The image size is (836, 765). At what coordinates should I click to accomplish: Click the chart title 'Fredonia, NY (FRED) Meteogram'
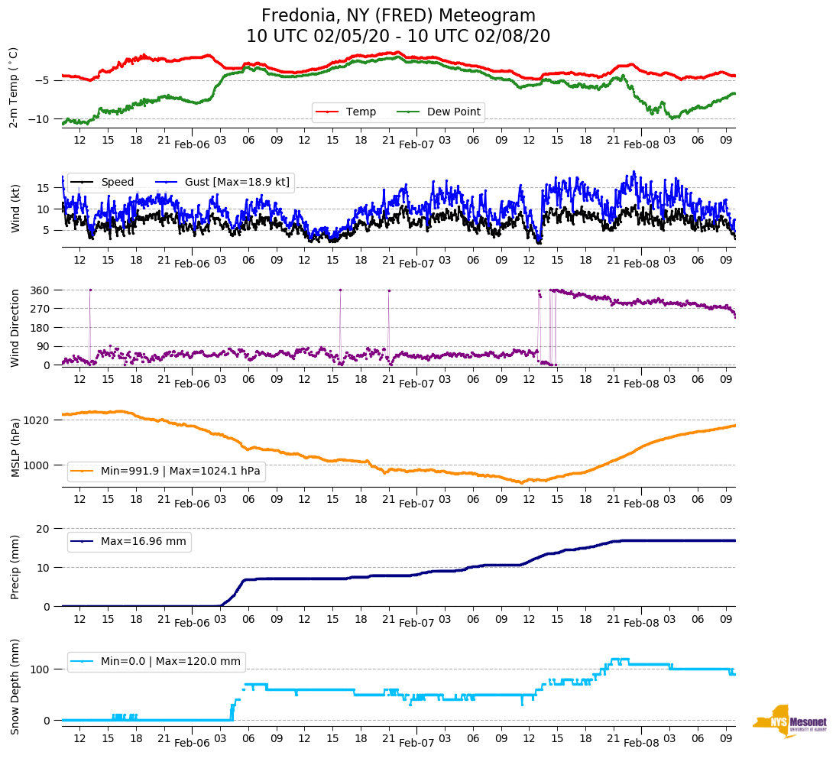pyautogui.click(x=398, y=16)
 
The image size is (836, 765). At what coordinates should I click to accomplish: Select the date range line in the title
pyautogui.click(x=398, y=37)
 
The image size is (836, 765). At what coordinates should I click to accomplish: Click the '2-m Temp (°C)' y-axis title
pyautogui.click(x=13, y=87)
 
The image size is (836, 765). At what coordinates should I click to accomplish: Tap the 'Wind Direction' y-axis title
pyautogui.click(x=15, y=327)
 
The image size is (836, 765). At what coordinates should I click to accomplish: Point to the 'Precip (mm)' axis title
pyautogui.click(x=15, y=567)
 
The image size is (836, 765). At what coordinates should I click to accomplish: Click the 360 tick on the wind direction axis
pyautogui.click(x=41, y=290)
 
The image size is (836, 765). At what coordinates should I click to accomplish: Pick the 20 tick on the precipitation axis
pyautogui.click(x=44, y=529)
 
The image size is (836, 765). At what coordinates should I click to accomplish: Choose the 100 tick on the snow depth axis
pyautogui.click(x=41, y=669)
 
